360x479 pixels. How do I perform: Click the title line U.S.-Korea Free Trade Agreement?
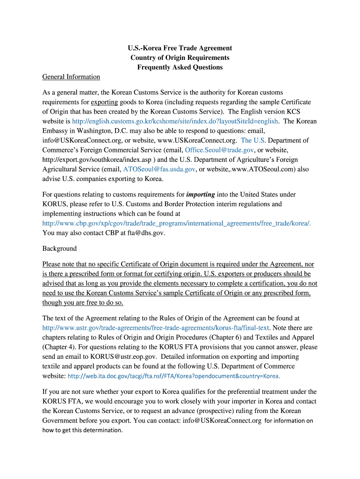(180, 48)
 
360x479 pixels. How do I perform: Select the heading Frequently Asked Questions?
(180, 67)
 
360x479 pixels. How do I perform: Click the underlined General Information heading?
(71, 77)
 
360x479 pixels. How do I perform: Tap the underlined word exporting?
(104, 102)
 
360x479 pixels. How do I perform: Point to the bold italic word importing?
(201, 195)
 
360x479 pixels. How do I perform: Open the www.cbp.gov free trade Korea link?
(176, 223)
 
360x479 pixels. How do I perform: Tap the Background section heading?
(59, 248)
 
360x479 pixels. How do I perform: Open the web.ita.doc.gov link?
(174, 376)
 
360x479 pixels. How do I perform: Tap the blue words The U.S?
(253, 140)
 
